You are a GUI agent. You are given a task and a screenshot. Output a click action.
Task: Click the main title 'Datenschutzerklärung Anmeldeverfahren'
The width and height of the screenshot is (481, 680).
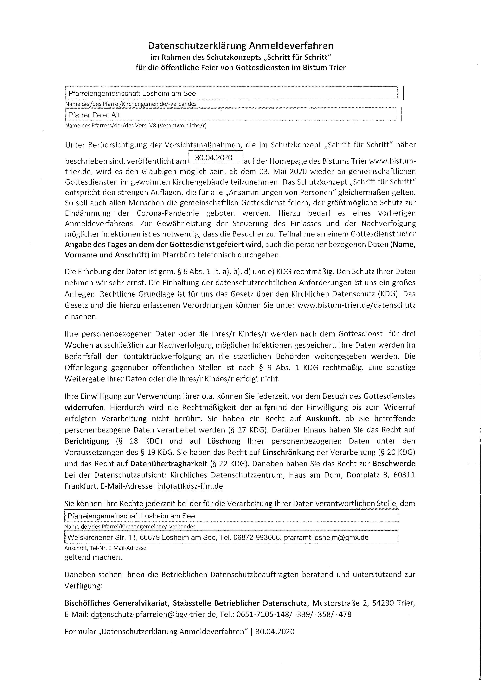(240, 46)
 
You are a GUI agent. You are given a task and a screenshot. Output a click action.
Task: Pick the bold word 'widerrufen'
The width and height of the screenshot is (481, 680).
(84, 407)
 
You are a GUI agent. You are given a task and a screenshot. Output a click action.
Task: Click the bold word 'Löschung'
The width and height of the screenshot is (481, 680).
(224, 441)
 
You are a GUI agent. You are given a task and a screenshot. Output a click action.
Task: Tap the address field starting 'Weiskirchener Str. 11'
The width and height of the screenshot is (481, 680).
(218, 537)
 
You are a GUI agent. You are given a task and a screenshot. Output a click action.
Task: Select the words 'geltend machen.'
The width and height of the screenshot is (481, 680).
(93, 557)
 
